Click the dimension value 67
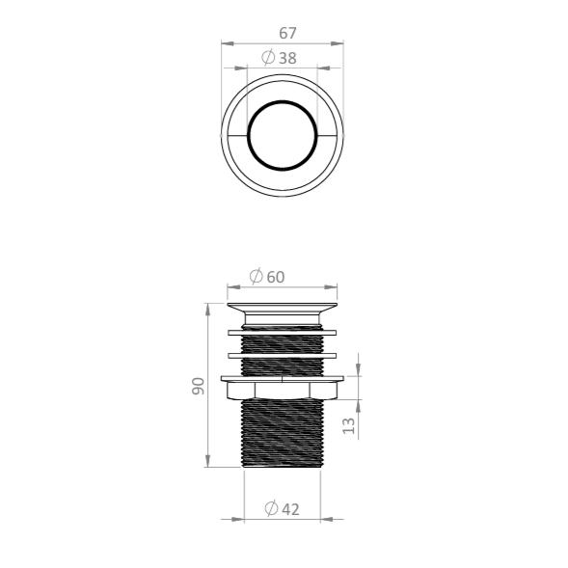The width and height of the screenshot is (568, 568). click(x=287, y=34)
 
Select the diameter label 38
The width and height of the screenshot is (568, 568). click(x=287, y=58)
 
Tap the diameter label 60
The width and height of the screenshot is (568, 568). click(x=276, y=277)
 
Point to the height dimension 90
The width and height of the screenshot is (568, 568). click(x=198, y=386)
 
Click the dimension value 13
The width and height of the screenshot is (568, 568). click(x=348, y=425)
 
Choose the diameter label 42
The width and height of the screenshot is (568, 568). click(x=290, y=510)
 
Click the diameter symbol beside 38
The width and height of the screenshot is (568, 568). click(x=268, y=57)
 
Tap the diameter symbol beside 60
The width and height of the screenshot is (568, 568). click(x=257, y=277)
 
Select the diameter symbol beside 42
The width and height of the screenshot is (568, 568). click(x=271, y=508)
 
